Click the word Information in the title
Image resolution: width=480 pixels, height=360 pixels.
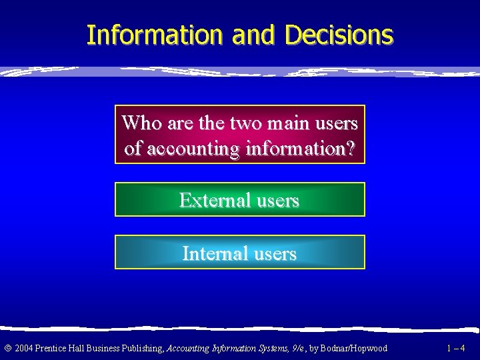156,35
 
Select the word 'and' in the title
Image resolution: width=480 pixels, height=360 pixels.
253,35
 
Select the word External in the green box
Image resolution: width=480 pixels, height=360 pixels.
211,200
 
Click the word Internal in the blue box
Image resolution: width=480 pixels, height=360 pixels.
213,253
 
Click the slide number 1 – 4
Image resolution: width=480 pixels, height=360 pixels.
457,348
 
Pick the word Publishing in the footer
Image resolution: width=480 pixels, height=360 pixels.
141,348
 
